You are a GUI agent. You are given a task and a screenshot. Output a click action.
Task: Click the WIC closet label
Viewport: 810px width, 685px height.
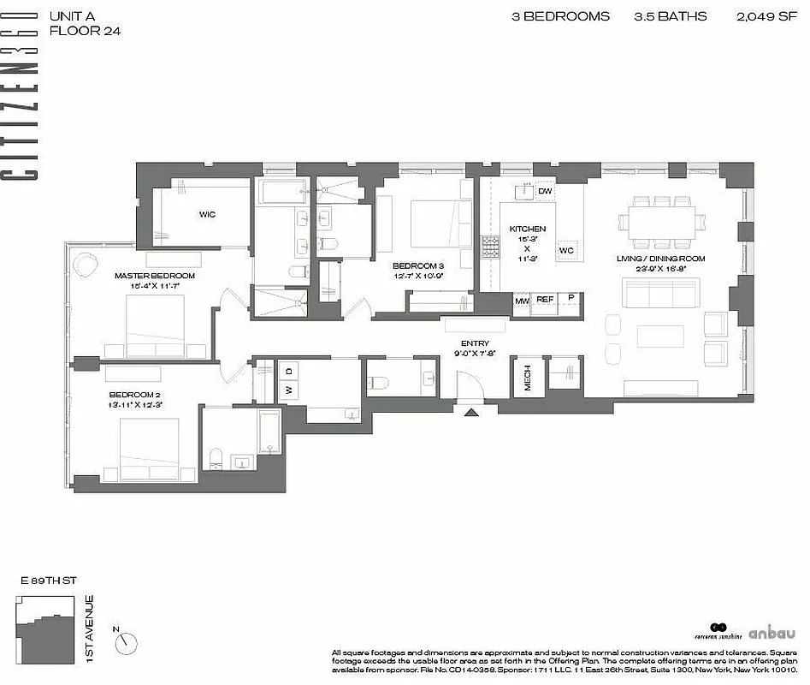[207, 215]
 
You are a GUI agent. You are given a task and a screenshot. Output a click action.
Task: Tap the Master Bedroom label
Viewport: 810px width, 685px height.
[155, 276]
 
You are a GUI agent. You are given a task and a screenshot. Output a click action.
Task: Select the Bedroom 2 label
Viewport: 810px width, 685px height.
[134, 395]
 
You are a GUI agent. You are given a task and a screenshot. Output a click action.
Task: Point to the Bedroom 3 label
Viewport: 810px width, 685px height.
[418, 265]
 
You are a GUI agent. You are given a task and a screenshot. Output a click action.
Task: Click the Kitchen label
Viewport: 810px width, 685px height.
[527, 229]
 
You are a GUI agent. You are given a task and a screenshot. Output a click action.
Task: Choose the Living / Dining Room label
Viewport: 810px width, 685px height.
[660, 259]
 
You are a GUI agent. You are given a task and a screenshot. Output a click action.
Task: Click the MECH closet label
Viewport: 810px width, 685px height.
[527, 377]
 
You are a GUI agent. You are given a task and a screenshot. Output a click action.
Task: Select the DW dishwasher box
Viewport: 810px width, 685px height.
[545, 191]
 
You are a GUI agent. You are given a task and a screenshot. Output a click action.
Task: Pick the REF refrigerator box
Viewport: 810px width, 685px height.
[545, 300]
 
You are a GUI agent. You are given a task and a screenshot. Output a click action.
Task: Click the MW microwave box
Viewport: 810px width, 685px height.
[522, 300]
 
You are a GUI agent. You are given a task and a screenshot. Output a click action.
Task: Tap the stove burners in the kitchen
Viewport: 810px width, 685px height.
[491, 247]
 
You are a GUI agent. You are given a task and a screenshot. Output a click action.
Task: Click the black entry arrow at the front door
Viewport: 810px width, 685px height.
[470, 413]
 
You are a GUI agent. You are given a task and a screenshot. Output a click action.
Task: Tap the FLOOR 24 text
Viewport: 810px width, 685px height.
[85, 31]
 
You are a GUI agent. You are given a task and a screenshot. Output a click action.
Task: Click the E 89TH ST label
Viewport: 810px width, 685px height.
[49, 581]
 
